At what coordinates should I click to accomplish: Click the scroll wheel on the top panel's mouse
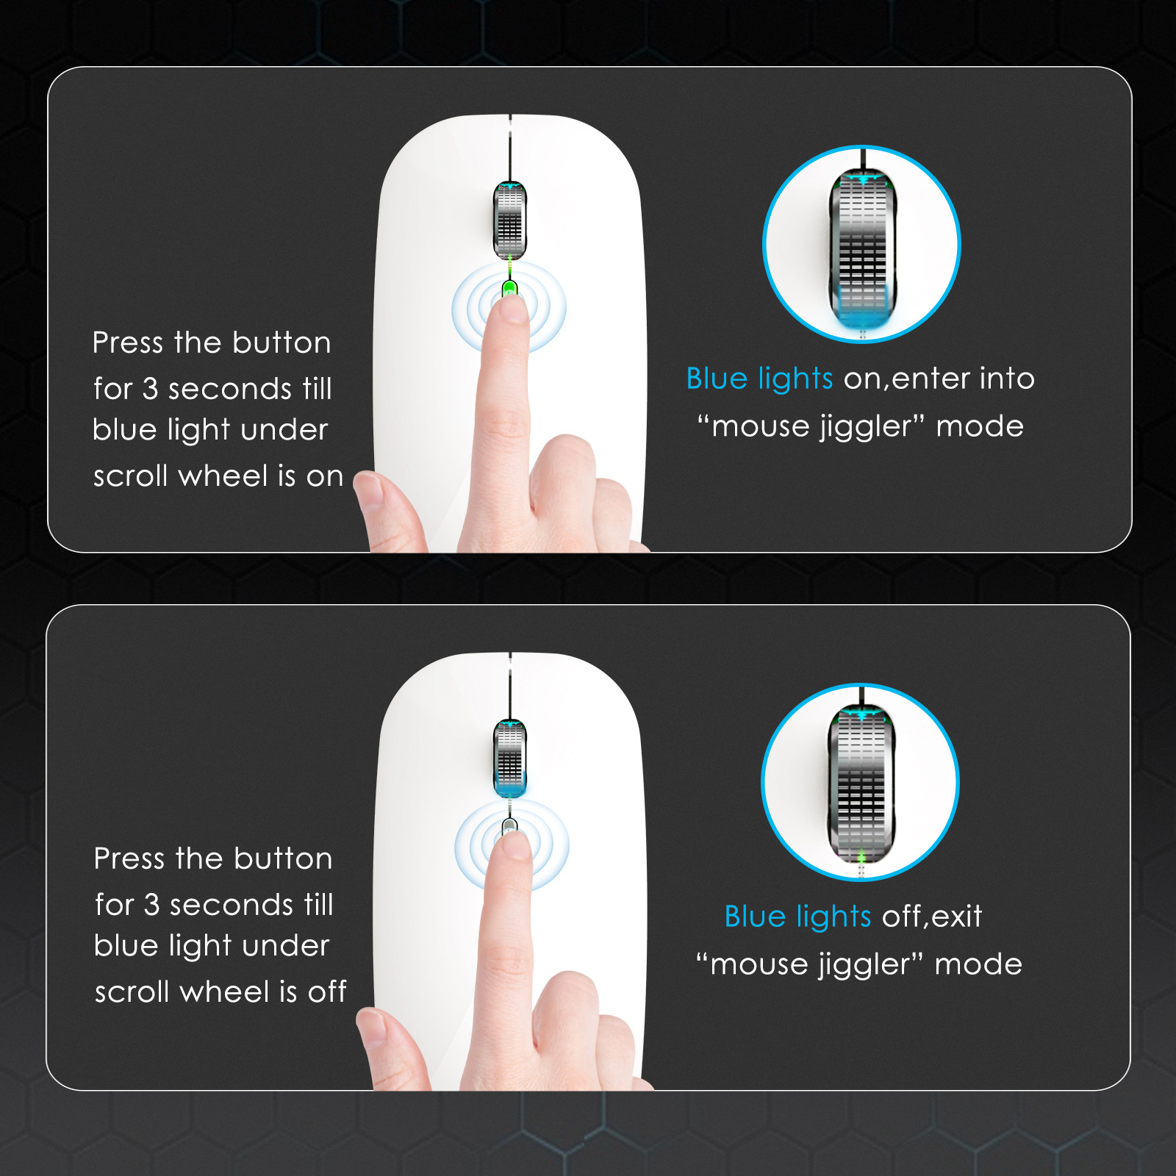pyautogui.click(x=509, y=220)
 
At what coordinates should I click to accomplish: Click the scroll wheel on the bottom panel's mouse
pyautogui.click(x=509, y=759)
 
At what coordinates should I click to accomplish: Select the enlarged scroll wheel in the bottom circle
pyautogui.click(x=861, y=784)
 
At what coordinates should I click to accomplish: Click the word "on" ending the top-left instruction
pyautogui.click(x=325, y=476)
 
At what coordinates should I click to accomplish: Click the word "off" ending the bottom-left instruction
pyautogui.click(x=327, y=992)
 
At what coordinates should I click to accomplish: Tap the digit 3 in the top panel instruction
pyautogui.click(x=151, y=389)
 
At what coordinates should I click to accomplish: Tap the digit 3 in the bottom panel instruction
pyautogui.click(x=152, y=905)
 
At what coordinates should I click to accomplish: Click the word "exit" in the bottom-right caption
pyautogui.click(x=957, y=917)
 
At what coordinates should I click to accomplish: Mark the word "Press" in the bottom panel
pyautogui.click(x=129, y=858)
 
